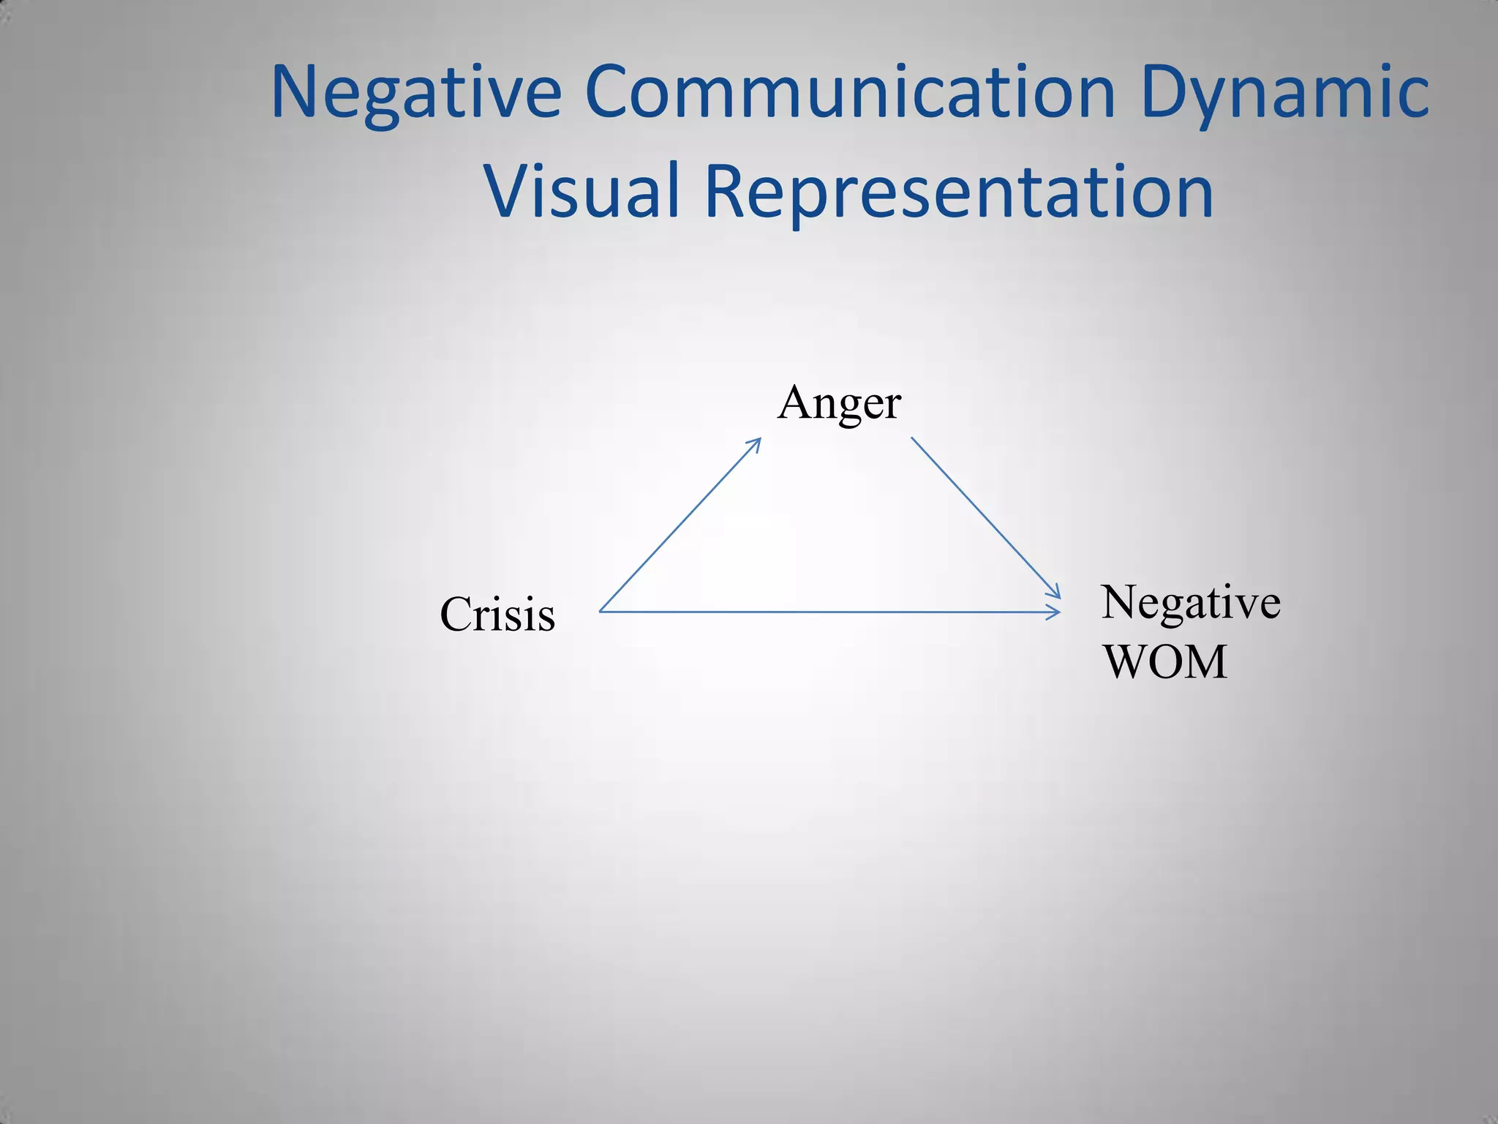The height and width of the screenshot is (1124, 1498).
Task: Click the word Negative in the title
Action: click(x=415, y=93)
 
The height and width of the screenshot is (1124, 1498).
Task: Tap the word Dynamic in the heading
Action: click(x=1284, y=93)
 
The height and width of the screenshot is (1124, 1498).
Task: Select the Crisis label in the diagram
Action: click(x=497, y=615)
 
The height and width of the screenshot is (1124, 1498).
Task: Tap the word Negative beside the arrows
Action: click(x=1190, y=603)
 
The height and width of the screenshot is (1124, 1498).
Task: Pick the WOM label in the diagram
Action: click(x=1164, y=662)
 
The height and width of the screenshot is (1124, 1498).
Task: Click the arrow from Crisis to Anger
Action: click(x=680, y=525)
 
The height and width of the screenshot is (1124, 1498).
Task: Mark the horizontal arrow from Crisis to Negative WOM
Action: click(x=830, y=612)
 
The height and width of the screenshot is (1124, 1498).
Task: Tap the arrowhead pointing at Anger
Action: click(x=756, y=442)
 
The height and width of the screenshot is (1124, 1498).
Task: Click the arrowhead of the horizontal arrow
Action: click(x=1055, y=612)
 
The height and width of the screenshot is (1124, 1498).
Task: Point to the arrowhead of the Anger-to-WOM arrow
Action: click(x=1055, y=593)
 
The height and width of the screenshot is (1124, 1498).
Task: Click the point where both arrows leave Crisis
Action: click(x=601, y=611)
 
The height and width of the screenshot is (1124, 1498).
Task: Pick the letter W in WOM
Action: click(x=1126, y=662)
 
